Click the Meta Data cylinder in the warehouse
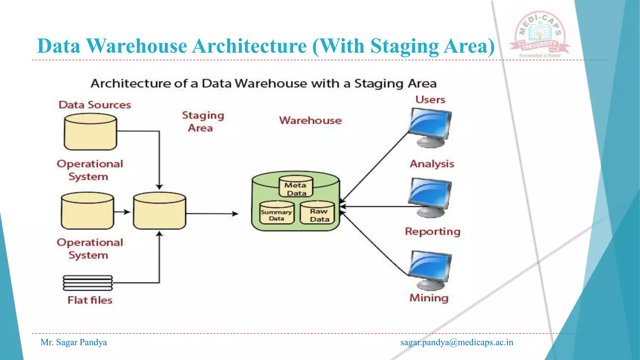point(296,187)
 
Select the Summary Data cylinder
point(277,213)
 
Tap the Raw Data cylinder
point(317,213)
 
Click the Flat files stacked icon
point(88,283)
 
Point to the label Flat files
point(90,300)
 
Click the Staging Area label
point(202,122)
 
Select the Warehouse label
point(310,121)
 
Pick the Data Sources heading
point(95,105)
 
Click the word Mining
point(429,298)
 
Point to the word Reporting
point(432,232)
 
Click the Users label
point(430,100)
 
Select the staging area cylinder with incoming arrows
point(159,211)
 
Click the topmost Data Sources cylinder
point(90,132)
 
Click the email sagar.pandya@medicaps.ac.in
point(457,342)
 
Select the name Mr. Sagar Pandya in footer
point(74,342)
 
